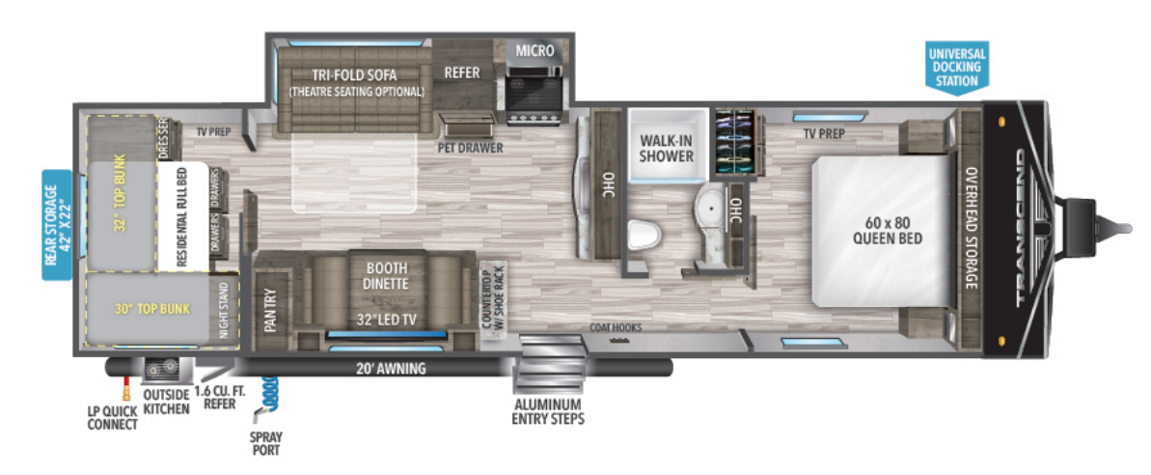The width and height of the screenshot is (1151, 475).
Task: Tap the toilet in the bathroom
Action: point(642,234)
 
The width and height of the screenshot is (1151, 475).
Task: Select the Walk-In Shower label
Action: point(667,148)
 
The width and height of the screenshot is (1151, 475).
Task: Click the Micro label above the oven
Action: point(534,50)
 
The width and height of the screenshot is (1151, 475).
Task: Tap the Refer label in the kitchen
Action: point(461,72)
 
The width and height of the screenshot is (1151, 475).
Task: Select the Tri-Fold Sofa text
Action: point(356,76)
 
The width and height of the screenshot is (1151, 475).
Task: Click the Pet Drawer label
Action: point(468,149)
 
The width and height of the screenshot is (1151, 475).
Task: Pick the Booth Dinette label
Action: point(386,276)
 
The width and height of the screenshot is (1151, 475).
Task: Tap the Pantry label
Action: point(269,310)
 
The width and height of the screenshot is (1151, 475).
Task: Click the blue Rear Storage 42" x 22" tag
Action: point(58,224)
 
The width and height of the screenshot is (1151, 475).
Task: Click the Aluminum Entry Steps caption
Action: point(548,411)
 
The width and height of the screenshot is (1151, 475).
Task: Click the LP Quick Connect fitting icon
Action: point(124,390)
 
